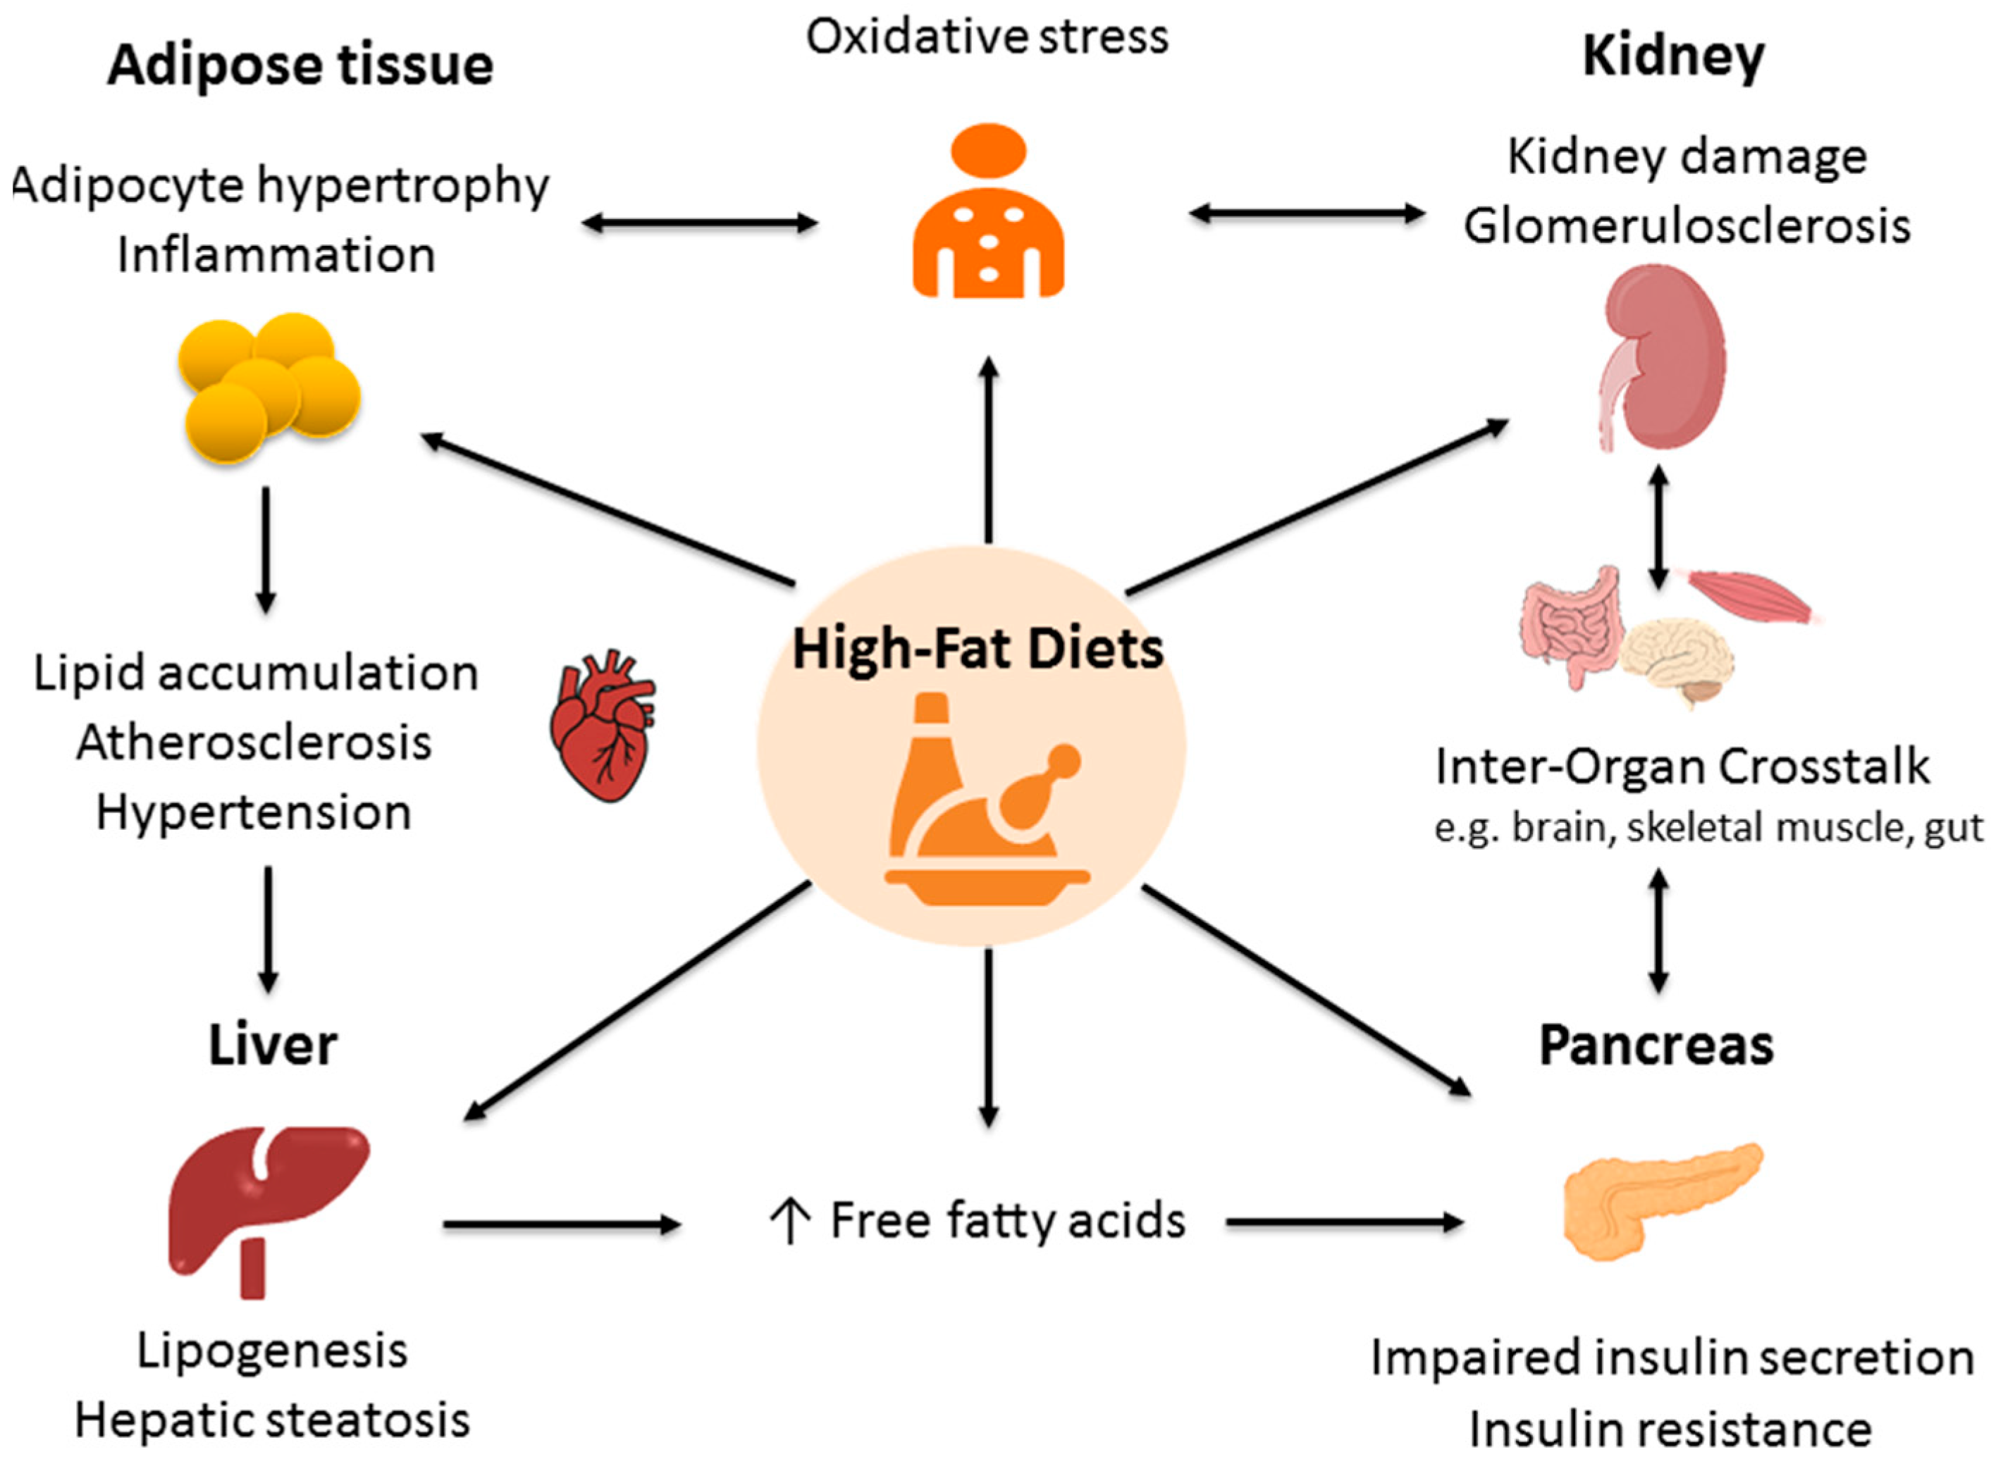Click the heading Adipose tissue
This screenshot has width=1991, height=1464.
[x=300, y=66]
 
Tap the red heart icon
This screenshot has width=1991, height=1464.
[x=602, y=726]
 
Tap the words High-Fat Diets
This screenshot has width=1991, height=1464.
[x=977, y=649]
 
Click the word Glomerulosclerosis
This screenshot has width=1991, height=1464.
[x=1686, y=226]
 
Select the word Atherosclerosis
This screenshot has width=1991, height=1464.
[x=254, y=743]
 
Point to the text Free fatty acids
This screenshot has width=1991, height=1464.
[x=1007, y=1220]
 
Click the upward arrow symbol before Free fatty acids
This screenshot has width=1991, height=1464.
[x=788, y=1221]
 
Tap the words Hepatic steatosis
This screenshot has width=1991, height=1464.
[x=272, y=1420]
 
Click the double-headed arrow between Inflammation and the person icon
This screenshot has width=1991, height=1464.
[x=698, y=223]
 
